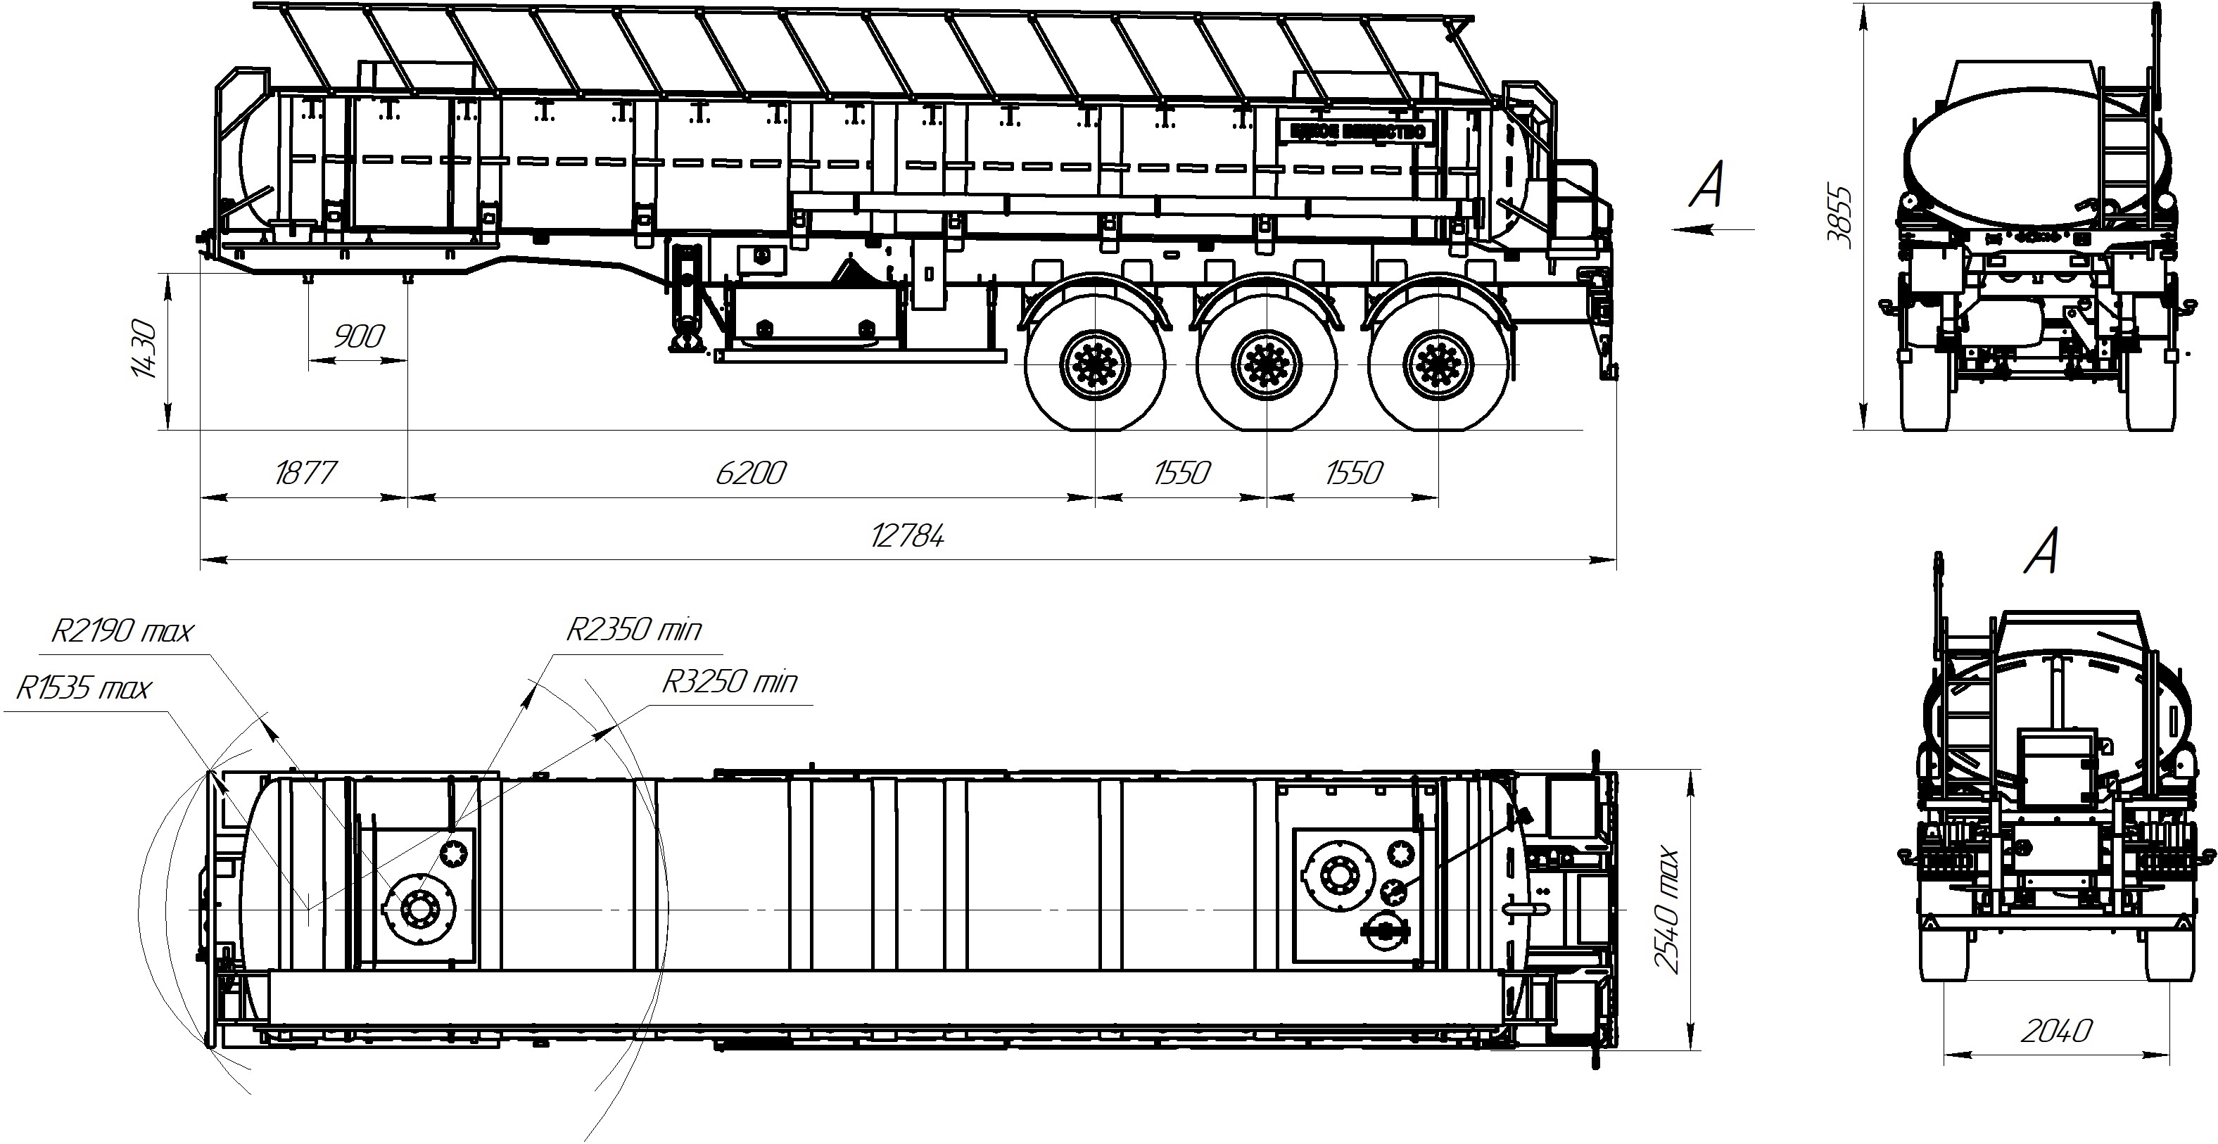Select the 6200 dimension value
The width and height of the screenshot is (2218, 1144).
coord(750,474)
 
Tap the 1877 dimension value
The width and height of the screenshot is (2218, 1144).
coord(305,474)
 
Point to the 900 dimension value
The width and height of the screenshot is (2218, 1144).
coord(357,336)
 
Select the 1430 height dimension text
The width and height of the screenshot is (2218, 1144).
coord(144,350)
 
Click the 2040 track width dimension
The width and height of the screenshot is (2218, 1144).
coord(2055,1031)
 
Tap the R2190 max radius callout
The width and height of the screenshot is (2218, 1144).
coord(122,632)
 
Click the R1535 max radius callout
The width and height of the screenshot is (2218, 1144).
coord(84,689)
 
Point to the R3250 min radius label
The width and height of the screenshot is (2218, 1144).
coord(728,682)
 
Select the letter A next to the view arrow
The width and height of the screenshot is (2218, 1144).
coord(1706,184)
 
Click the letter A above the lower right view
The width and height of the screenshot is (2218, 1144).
coord(2041,552)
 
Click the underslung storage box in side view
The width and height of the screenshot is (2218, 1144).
coord(813,317)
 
